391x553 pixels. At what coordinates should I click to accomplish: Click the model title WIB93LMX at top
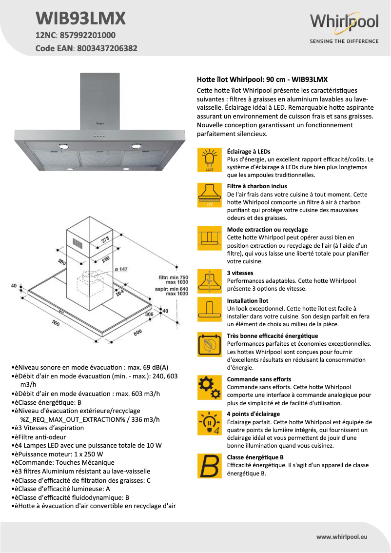point(81,19)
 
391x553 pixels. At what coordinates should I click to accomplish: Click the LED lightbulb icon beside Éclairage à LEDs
point(209,160)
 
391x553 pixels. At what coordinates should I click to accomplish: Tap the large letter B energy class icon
point(209,466)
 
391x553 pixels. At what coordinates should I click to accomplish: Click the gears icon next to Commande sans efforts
point(209,388)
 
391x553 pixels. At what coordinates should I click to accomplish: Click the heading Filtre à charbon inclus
point(257,186)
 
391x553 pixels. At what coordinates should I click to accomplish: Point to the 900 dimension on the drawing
point(57,323)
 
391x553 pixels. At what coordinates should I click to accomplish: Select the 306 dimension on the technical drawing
point(149,315)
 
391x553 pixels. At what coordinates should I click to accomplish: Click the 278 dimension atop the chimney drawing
point(106,239)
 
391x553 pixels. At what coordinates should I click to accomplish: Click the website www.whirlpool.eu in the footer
point(341,536)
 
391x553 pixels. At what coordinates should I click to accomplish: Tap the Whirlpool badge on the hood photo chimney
point(99,125)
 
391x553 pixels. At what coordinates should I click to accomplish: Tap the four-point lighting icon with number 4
point(209,423)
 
